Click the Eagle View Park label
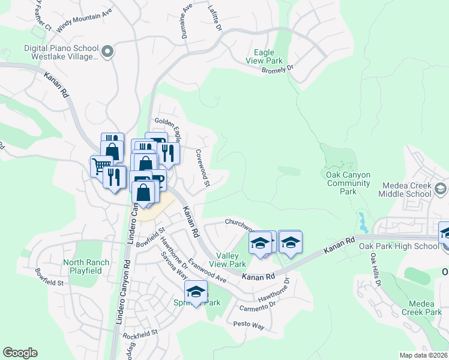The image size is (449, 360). coord(264,56)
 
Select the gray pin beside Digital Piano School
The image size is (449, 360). coord(107,52)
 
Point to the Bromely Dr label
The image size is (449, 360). coord(277,70)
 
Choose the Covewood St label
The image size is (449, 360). coord(202,168)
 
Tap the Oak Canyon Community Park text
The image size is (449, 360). coord(348,183)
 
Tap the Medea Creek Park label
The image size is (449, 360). coord(421,308)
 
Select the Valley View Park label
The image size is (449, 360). coord(231,260)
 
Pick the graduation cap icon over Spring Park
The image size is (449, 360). coord(195,292)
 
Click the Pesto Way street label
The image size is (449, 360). coord(250,325)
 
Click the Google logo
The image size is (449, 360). coord(20,353)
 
